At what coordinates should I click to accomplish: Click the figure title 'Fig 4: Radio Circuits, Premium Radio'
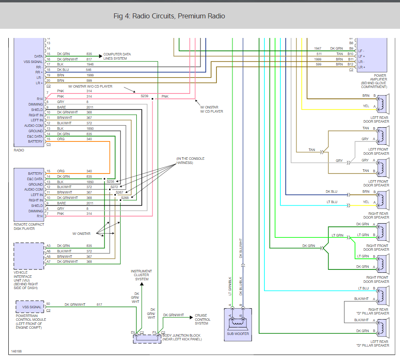[169, 16]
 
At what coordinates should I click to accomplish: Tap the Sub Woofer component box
[238, 325]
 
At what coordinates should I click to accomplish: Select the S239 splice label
[144, 96]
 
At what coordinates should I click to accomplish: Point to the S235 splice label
[111, 181]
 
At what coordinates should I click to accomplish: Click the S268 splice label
[125, 198]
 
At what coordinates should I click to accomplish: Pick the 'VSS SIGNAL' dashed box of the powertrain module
[30, 307]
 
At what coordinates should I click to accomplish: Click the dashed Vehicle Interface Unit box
[29, 256]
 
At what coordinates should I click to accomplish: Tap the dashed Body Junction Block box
[147, 339]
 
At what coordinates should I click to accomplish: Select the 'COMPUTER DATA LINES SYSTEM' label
[117, 56]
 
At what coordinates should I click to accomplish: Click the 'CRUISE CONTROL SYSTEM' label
[203, 320]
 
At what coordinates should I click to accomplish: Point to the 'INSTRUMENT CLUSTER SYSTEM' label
[141, 275]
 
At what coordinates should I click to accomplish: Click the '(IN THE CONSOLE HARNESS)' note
[190, 161]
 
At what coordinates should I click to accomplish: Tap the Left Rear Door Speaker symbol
[383, 104]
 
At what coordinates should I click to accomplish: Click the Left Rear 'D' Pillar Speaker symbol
[383, 328]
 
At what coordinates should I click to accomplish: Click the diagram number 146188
[16, 351]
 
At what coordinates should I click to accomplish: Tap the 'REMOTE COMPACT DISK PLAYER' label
[29, 227]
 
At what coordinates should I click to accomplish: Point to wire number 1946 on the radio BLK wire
[90, 64]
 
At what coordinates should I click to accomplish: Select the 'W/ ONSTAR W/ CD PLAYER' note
[211, 109]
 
